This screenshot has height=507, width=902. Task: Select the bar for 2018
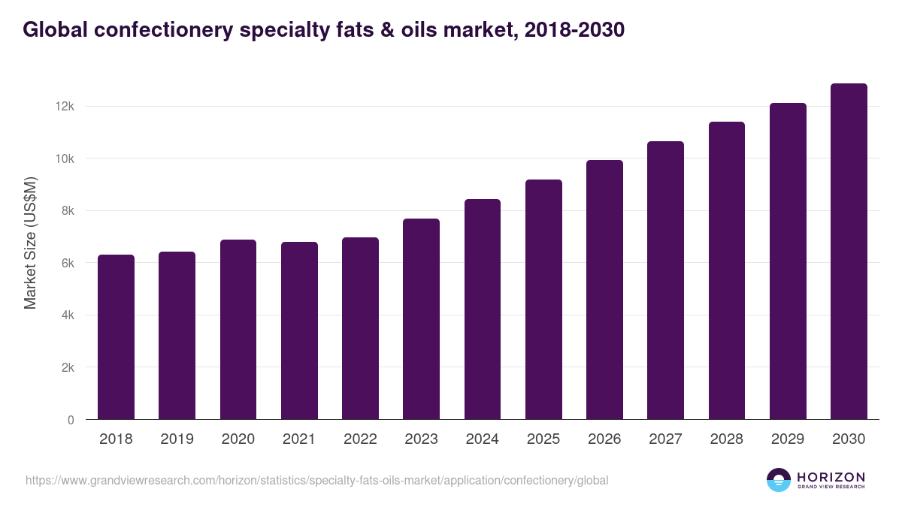tap(116, 337)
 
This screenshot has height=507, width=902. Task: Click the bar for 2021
tap(299, 330)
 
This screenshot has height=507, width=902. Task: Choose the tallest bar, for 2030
tap(849, 252)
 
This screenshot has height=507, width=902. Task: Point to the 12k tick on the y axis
tap(65, 107)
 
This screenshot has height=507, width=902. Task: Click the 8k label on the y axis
tap(68, 211)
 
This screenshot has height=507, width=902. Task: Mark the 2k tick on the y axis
tap(68, 368)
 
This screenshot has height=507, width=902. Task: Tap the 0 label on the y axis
tap(71, 420)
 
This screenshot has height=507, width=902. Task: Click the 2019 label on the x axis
tap(177, 439)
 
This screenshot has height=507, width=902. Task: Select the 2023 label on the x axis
tap(421, 439)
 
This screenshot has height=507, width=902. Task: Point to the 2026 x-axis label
tap(604, 439)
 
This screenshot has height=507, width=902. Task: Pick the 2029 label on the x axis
tap(788, 439)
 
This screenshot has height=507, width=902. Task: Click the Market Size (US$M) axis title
tap(30, 243)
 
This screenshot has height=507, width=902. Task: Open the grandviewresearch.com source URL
tap(316, 480)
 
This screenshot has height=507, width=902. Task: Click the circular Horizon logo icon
tap(779, 480)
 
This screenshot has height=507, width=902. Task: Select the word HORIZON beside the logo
tap(831, 476)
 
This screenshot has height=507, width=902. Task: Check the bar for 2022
tap(360, 328)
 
